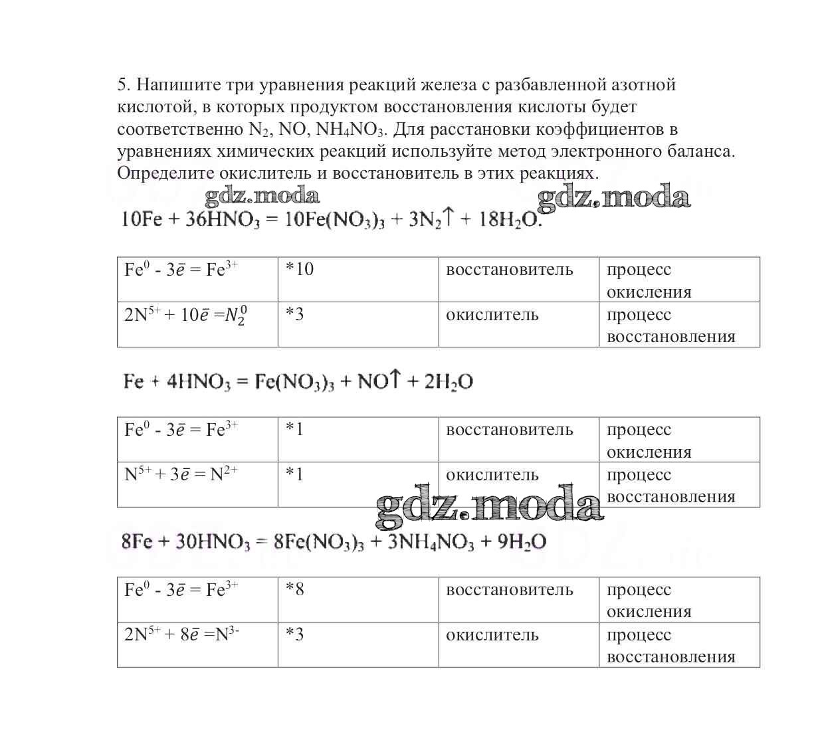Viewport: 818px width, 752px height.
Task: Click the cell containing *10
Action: click(358, 280)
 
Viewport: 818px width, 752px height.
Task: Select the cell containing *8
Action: click(358, 599)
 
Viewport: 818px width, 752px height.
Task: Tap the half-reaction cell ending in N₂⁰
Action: click(197, 324)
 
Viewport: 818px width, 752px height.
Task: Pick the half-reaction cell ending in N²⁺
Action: click(197, 484)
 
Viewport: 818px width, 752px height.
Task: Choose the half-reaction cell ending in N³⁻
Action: click(197, 644)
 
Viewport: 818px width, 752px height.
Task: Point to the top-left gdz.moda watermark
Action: click(262, 195)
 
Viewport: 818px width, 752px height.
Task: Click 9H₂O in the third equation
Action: click(522, 542)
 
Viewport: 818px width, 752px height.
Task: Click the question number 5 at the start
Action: click(122, 85)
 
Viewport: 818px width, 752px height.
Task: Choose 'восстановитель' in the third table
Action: click(509, 590)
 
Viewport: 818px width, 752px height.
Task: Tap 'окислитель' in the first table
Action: click(492, 314)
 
